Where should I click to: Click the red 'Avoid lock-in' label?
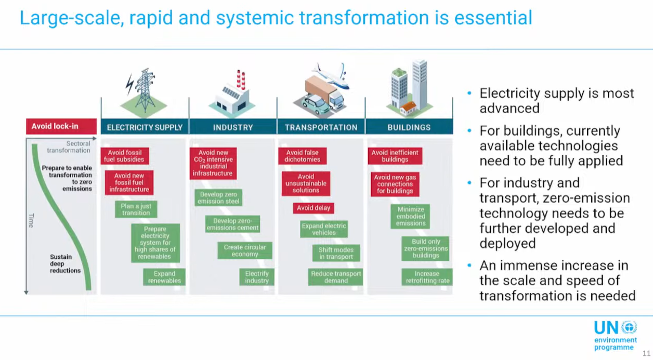click(x=61, y=126)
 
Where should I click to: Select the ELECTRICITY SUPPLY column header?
click(x=145, y=127)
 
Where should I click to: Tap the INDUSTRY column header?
click(x=233, y=127)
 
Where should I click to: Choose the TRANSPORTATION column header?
click(x=321, y=127)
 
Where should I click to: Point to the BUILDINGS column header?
click(x=409, y=127)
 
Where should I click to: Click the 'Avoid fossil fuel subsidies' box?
click(x=125, y=156)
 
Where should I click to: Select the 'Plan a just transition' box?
click(x=136, y=209)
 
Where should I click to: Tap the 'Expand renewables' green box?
click(x=164, y=277)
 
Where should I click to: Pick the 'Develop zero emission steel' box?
click(x=218, y=198)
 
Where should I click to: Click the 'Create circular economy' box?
click(x=245, y=250)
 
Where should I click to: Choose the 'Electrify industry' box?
click(x=257, y=277)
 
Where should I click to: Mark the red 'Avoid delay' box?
click(x=313, y=208)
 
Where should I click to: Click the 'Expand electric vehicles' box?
click(x=324, y=229)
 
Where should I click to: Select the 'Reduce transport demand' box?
click(x=336, y=277)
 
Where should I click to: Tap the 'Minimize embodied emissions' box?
click(x=411, y=217)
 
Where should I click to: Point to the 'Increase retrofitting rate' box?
click(x=427, y=277)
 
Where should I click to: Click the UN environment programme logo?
click(x=616, y=335)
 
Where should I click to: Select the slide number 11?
click(x=646, y=354)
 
